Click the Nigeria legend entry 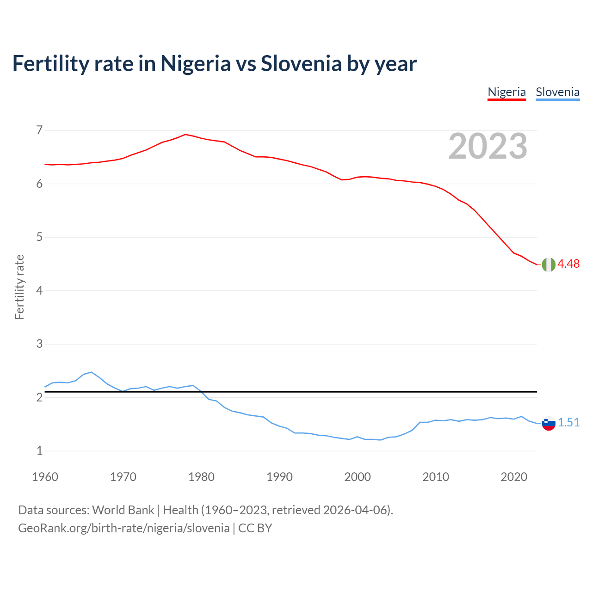pos(506,92)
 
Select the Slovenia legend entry pos(557,92)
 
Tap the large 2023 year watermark pos(488,146)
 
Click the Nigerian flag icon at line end pos(549,265)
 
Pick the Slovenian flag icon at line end pos(549,423)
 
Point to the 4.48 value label pos(568,264)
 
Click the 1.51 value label pos(568,423)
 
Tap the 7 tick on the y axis pos(39,130)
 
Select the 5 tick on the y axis pos(39,237)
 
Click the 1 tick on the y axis pos(39,451)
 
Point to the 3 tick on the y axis pos(39,344)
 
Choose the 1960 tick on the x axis pos(45,477)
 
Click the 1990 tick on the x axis pos(279,477)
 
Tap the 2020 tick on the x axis pos(514,477)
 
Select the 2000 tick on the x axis pos(358,477)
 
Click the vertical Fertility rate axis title pos(19,287)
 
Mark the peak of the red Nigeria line pos(185,135)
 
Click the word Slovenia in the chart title pos(301,64)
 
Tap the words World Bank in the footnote pos(123,510)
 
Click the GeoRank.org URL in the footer pos(123,528)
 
